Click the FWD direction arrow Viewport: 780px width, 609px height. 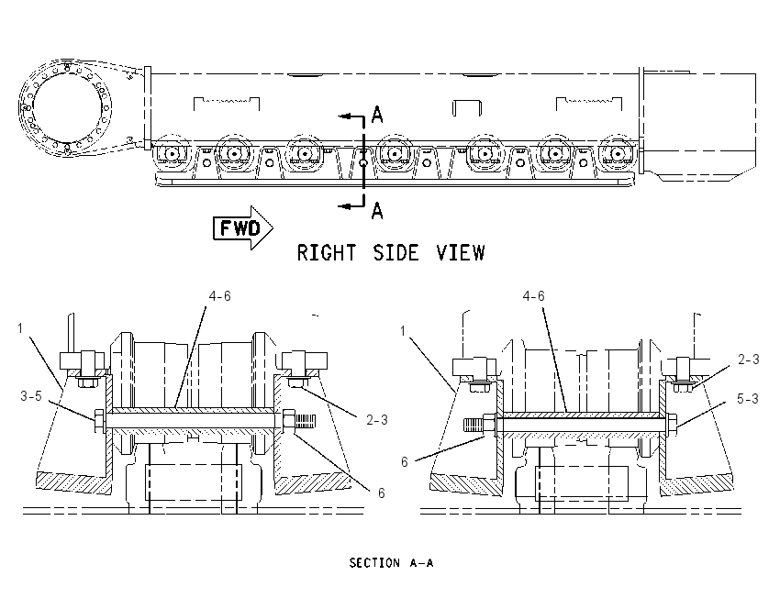coord(243,227)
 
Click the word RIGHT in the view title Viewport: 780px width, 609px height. coord(327,252)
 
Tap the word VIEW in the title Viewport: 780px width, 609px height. coord(461,252)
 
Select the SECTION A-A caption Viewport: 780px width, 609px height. coord(391,563)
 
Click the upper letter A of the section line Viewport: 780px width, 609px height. coord(377,115)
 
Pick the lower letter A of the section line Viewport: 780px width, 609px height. coord(377,211)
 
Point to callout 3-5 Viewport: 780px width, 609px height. coord(31,395)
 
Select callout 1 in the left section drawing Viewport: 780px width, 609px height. coord(20,328)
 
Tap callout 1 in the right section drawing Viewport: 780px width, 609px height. coord(403,330)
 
